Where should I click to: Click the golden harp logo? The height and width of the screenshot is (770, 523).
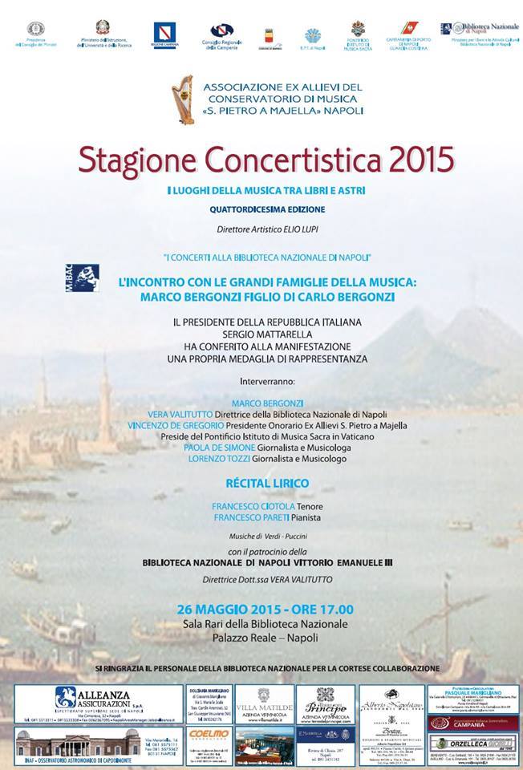(x=185, y=98)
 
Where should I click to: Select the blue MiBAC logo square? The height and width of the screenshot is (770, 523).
(x=84, y=277)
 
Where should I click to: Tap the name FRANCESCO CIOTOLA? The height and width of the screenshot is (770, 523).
(x=243, y=506)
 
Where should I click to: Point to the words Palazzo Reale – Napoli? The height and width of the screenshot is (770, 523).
(x=261, y=638)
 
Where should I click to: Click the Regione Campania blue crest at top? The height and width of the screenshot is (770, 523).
(x=164, y=32)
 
